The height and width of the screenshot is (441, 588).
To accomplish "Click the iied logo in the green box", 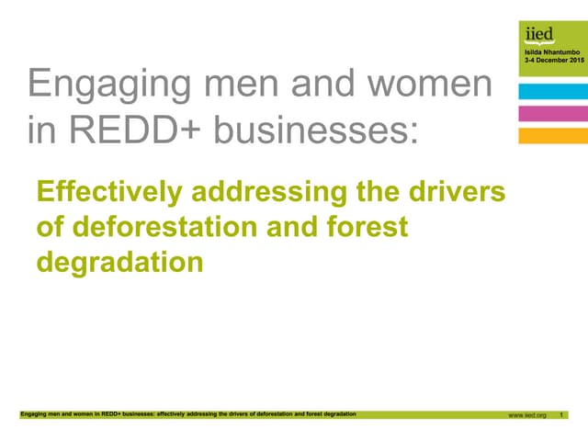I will point(539,35).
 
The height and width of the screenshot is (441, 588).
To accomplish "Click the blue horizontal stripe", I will point(552,91).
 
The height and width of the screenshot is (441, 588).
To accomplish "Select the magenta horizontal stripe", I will point(552,113).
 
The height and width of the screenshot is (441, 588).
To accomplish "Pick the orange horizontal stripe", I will point(552,135).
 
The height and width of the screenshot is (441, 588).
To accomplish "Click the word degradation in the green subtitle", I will point(119,262).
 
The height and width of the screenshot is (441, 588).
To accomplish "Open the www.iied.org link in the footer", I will point(527,415).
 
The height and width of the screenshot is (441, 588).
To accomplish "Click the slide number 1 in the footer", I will point(561,415).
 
